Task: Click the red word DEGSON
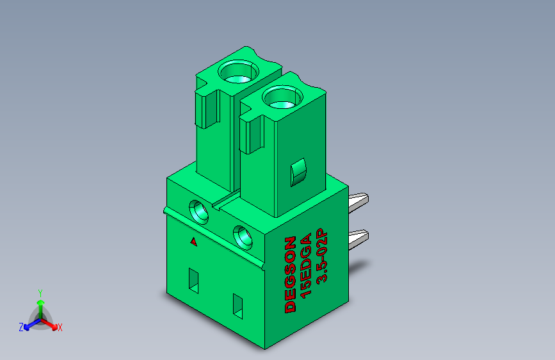(x=290, y=275)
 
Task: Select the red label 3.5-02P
(x=322, y=256)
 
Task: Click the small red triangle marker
(x=193, y=241)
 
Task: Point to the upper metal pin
(x=358, y=202)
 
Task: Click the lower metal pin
(x=358, y=239)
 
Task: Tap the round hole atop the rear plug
(x=238, y=72)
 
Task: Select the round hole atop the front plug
(x=282, y=97)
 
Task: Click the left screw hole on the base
(x=199, y=211)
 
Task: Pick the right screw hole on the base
(x=243, y=238)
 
